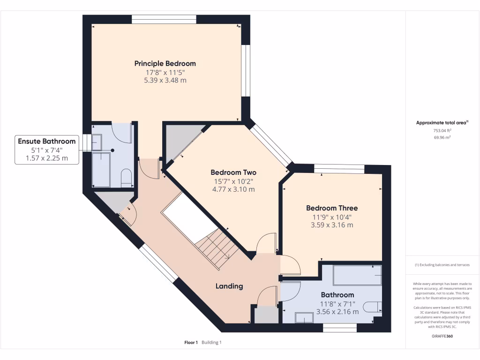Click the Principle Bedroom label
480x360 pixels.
[165, 63]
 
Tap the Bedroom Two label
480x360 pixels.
[233, 172]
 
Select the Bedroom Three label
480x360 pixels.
[332, 208]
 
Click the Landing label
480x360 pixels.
[229, 286]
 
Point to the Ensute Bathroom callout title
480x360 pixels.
[46, 141]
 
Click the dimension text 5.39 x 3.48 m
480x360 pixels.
[165, 81]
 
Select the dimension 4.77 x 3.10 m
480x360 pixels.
[233, 189]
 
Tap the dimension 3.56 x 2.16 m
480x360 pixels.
[337, 311]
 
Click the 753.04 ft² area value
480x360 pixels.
[442, 131]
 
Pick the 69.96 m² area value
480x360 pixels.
[442, 138]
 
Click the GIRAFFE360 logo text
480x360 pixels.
[442, 336]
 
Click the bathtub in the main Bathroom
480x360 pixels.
[357, 275]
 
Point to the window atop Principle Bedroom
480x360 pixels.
[164, 19]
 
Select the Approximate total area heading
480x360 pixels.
[442, 123]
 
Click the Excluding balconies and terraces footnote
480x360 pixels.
[442, 265]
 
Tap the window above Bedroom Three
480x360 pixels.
[339, 169]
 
